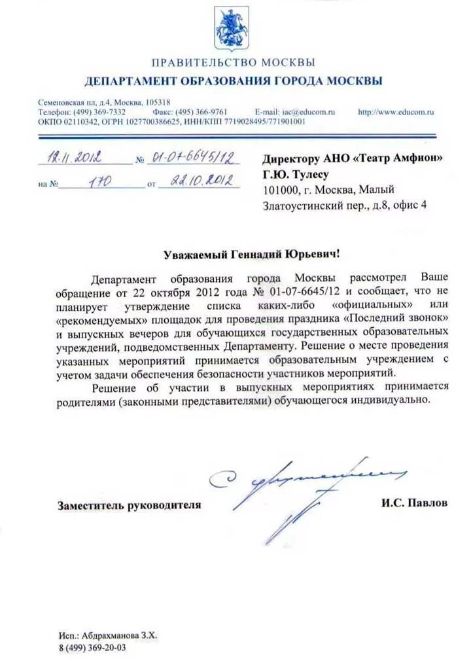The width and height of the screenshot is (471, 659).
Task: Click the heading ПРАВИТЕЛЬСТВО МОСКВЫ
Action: point(234,63)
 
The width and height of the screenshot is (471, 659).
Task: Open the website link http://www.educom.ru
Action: point(396,112)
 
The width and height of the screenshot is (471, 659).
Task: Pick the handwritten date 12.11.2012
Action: point(74,158)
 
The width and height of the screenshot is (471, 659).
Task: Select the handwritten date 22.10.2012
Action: point(201,181)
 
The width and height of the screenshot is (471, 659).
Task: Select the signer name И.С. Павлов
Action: point(415,503)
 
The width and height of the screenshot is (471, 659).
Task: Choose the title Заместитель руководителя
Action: point(129,505)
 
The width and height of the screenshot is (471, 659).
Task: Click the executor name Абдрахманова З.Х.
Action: point(120,635)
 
